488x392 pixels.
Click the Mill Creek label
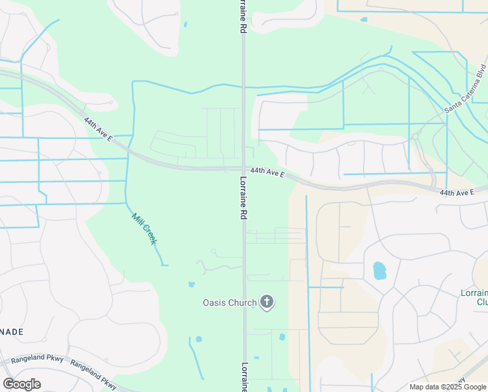[145, 229]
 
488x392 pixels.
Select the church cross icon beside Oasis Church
[266, 302]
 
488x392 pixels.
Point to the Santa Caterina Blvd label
[466, 88]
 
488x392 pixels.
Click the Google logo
[22, 384]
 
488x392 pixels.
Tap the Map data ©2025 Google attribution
[448, 387]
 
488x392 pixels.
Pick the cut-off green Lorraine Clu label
[475, 297]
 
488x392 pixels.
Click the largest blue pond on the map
[379, 270]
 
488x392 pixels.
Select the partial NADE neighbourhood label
[12, 332]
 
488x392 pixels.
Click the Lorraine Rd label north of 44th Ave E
[241, 18]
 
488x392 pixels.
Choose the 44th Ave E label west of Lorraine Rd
[99, 130]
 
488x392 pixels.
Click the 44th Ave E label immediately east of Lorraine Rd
[267, 173]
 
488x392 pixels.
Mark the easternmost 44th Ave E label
[457, 193]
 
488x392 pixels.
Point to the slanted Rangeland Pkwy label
[93, 375]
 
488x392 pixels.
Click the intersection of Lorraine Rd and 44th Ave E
[243, 169]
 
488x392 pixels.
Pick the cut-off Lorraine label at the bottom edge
[245, 377]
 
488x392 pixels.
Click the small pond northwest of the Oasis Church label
[191, 284]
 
